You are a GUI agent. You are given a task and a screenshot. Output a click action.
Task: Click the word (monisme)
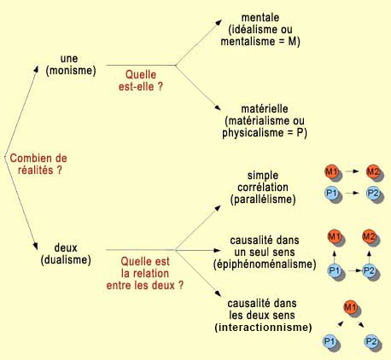point(71,71)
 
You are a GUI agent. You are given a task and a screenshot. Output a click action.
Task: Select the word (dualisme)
point(66,260)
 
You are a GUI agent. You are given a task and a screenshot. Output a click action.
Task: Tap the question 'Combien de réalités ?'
point(38,164)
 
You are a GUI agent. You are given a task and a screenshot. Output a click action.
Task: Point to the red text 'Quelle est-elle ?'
point(141,80)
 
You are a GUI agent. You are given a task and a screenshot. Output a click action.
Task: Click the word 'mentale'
point(260,17)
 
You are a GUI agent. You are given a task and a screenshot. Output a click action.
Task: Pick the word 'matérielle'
point(265,108)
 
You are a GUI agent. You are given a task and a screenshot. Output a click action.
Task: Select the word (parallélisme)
point(263,200)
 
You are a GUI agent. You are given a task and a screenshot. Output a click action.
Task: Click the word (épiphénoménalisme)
point(265,264)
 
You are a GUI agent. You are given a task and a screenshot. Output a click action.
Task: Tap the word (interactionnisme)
point(263,328)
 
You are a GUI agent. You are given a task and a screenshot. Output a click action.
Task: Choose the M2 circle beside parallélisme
point(373,171)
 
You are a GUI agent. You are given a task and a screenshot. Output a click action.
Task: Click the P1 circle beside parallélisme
point(331,194)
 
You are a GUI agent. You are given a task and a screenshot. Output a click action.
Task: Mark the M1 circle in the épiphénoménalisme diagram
point(335,237)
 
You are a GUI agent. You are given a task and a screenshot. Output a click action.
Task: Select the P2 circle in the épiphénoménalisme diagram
point(369,270)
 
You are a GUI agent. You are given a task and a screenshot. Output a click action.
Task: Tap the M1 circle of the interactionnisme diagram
point(351,307)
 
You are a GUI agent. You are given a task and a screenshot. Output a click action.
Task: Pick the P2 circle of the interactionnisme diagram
point(371,341)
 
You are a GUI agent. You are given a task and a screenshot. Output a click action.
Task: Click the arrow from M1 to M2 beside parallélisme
point(352,171)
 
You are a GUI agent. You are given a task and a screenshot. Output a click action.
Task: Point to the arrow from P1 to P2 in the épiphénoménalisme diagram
point(354,270)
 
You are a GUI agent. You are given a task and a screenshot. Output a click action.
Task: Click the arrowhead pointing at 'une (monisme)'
point(36,70)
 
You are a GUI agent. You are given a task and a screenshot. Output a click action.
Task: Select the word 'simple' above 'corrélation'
point(263,176)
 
